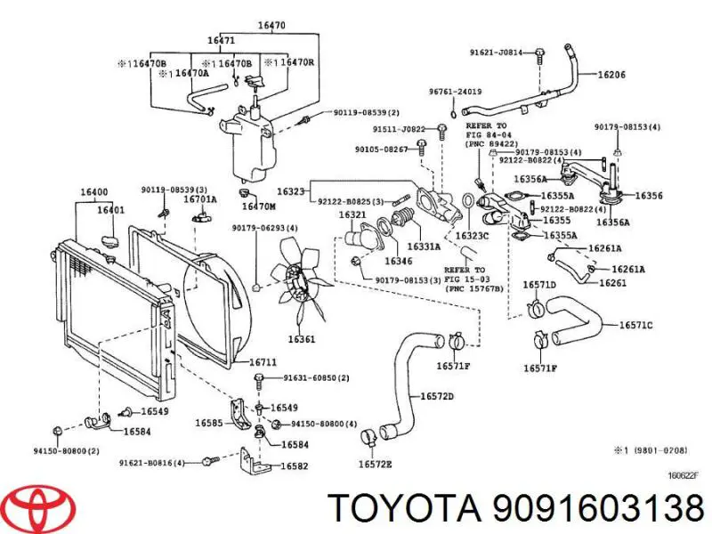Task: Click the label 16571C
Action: click(x=635, y=325)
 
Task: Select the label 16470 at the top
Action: click(x=271, y=26)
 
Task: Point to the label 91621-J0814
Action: click(x=496, y=53)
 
